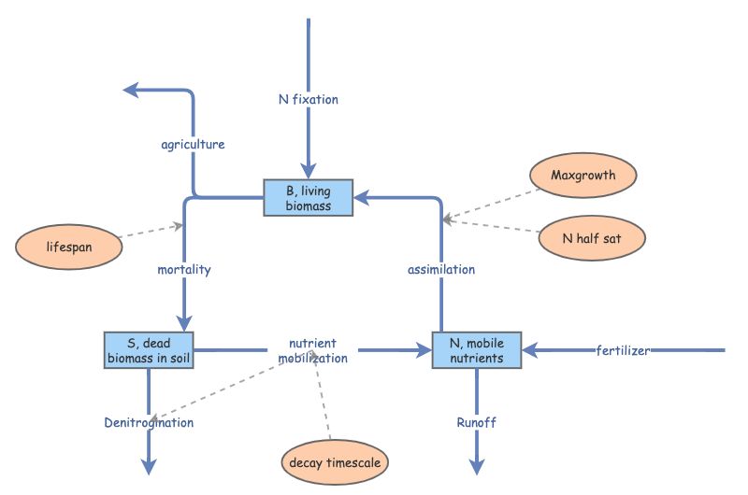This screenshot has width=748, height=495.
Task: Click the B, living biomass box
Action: (309, 198)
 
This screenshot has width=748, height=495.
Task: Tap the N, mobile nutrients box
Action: (477, 350)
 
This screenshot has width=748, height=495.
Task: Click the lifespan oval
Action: (70, 247)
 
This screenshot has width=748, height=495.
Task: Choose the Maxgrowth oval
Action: (583, 176)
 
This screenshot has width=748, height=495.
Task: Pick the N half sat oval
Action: (592, 238)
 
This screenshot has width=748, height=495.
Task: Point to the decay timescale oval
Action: (335, 462)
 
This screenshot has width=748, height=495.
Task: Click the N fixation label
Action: (308, 99)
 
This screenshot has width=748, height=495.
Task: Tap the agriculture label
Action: (193, 145)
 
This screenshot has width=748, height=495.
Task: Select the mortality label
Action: (184, 270)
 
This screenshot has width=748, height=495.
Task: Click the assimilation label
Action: (441, 270)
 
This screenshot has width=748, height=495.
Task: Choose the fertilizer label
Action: (624, 350)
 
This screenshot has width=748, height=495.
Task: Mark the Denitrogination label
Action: (149, 422)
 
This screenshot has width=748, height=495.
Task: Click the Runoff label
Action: (477, 422)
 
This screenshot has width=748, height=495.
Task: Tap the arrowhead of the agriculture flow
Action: (131, 90)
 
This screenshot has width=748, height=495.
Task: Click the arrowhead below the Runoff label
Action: (477, 467)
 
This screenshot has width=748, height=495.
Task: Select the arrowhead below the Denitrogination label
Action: (149, 467)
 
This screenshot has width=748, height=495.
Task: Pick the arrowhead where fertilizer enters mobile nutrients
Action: (530, 350)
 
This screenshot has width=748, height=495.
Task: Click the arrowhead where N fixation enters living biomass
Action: (308, 173)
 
